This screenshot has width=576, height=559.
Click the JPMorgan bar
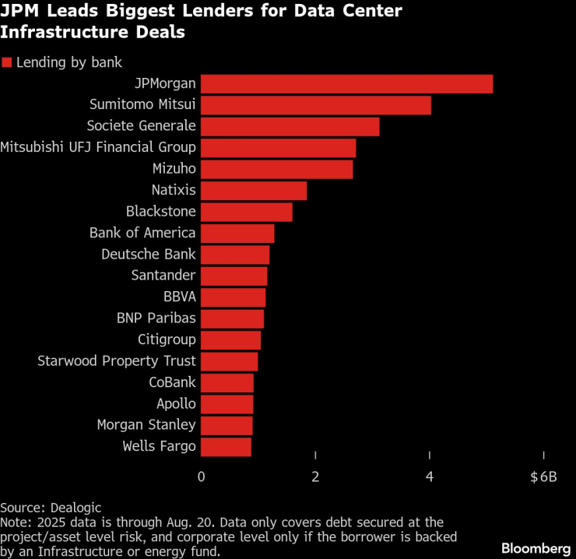pyautogui.click(x=346, y=84)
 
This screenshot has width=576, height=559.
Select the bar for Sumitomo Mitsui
pyautogui.click(x=316, y=105)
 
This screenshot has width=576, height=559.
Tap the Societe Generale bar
pyautogui.click(x=290, y=126)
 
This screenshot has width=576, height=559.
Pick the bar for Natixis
pyautogui.click(x=254, y=190)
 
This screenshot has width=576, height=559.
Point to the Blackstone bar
pyautogui.click(x=247, y=212)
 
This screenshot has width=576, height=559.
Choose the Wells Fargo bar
pyautogui.click(x=227, y=447)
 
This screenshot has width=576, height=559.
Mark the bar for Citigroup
pyautogui.click(x=231, y=340)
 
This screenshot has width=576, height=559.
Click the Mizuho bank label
pyautogui.click(x=174, y=169)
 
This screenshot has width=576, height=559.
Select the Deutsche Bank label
pyautogui.click(x=149, y=255)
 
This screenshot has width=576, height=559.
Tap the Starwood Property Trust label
pyautogui.click(x=117, y=361)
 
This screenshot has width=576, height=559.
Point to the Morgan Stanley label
pyautogui.click(x=146, y=425)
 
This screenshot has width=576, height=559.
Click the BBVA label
pyautogui.click(x=180, y=297)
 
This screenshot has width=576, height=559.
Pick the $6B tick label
pyautogui.click(x=543, y=476)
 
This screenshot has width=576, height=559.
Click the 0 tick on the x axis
pyautogui.click(x=202, y=476)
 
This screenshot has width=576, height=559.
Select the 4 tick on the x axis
pyautogui.click(x=430, y=476)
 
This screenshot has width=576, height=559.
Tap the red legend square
pyautogui.click(x=6, y=63)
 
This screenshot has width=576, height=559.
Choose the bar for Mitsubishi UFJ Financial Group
pyautogui.click(x=279, y=148)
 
